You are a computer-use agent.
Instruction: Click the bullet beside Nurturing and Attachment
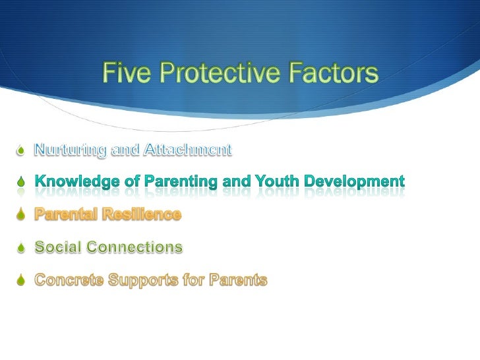point(21,151)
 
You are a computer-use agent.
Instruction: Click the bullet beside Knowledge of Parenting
point(21,181)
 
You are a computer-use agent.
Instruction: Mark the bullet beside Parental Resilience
point(21,215)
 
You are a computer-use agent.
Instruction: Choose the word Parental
point(64,214)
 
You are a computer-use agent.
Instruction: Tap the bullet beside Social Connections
point(21,248)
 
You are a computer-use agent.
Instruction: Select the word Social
point(57,247)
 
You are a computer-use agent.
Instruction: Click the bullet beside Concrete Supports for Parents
point(21,281)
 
